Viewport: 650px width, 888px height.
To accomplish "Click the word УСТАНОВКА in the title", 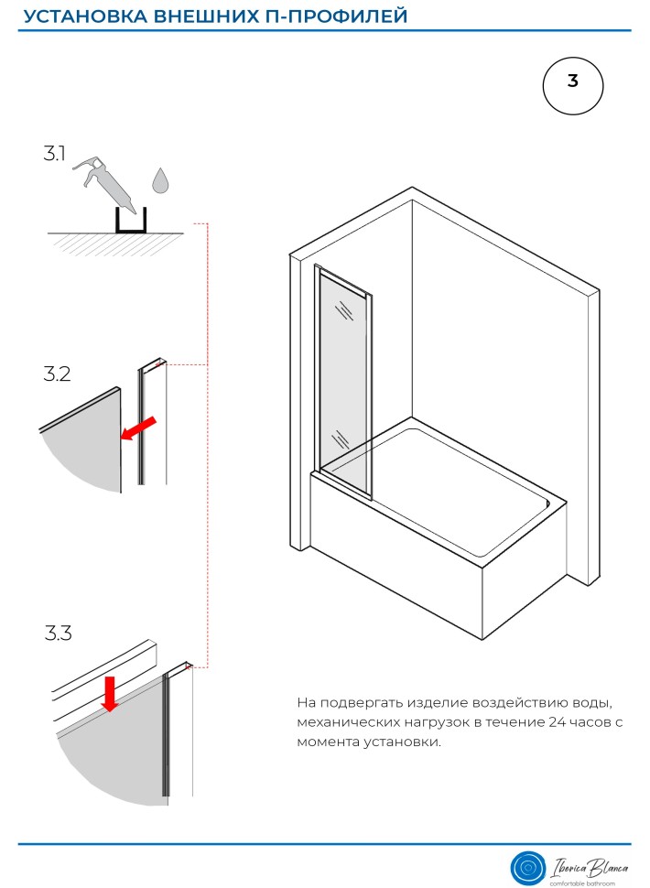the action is coord(85,16).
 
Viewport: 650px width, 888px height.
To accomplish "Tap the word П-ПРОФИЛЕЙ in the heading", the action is coord(336,16).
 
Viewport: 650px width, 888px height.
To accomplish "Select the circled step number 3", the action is coord(572,86).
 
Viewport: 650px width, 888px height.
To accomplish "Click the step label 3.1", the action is coord(55,153).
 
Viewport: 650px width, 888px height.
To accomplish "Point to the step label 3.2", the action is coord(58,374).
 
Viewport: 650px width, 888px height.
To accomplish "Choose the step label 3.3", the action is coord(59,633).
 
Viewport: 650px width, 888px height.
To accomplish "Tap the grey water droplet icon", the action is coord(160,180).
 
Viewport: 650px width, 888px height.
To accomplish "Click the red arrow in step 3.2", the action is coord(138,428).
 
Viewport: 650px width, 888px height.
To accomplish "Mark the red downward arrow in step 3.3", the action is coord(110,694).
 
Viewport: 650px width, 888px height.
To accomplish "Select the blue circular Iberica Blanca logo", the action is coord(527,867).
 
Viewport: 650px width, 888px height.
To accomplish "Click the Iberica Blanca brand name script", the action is coord(589,867).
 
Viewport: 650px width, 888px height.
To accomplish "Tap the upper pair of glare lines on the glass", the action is coord(342,310).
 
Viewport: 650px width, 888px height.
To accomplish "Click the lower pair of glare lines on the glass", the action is coord(341,439).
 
